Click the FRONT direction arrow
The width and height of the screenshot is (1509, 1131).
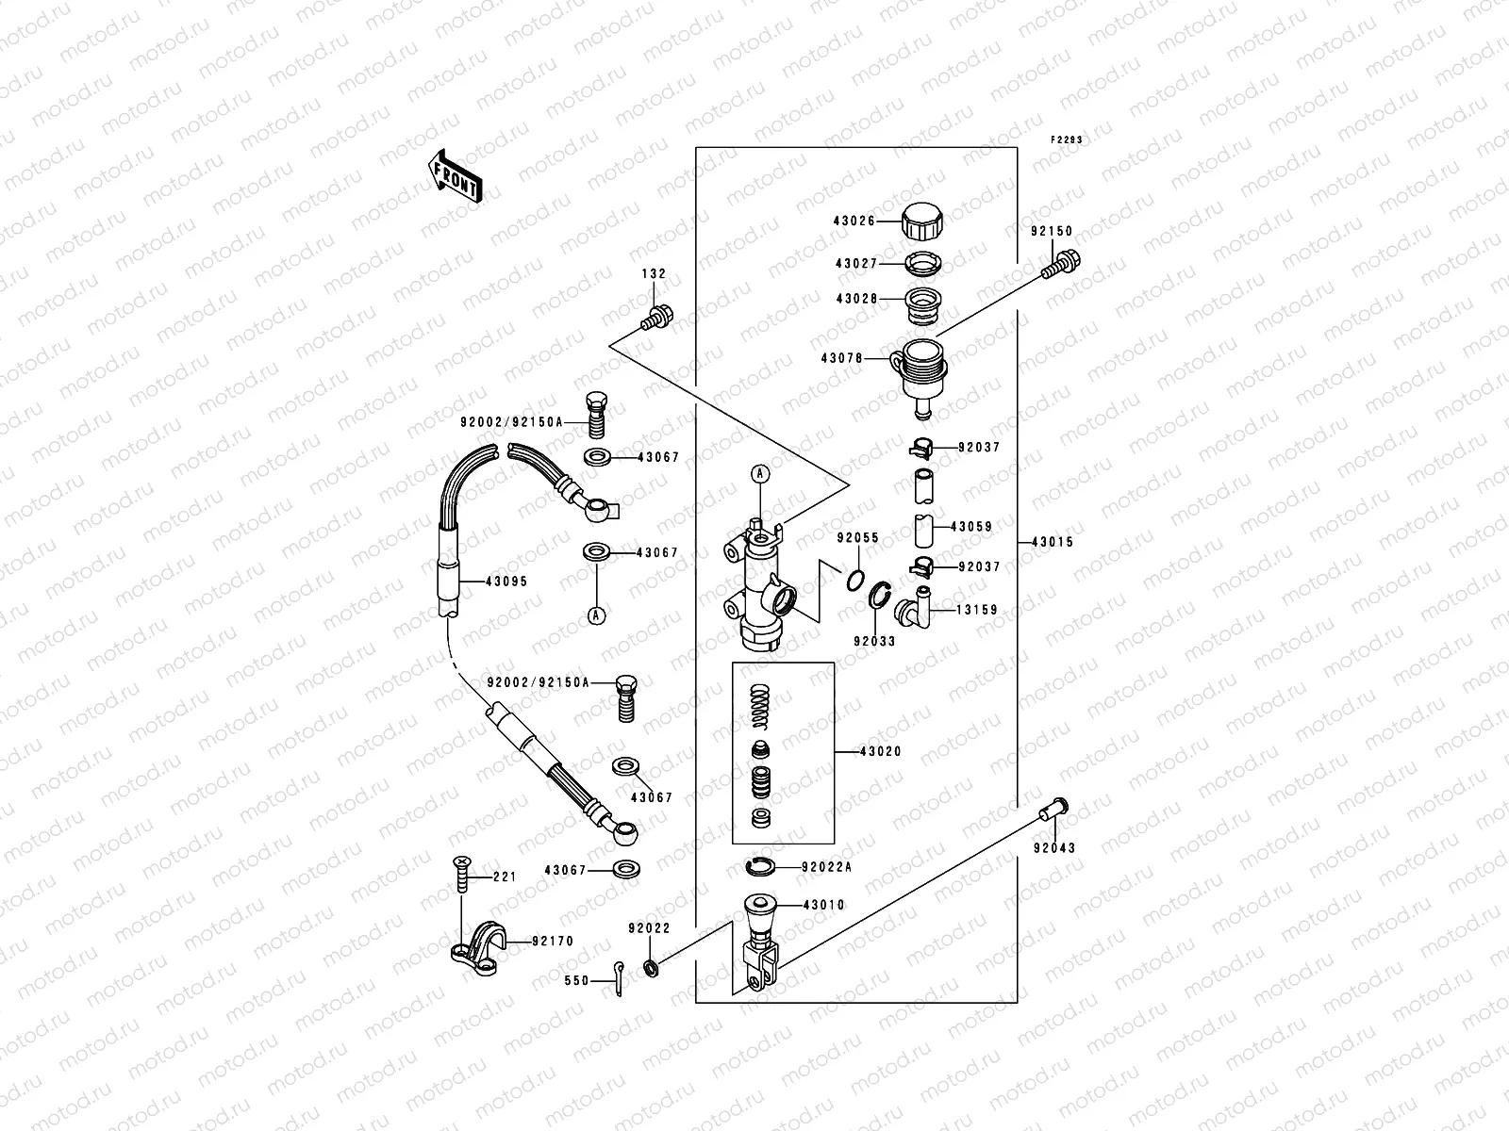click(x=456, y=176)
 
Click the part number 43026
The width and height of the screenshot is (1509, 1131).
click(x=854, y=221)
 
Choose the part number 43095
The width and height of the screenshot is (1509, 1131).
click(x=506, y=582)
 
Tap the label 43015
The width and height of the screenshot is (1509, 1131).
click(x=1053, y=543)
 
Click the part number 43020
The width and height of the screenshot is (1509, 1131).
click(x=880, y=752)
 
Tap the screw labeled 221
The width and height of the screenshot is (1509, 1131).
click(x=460, y=873)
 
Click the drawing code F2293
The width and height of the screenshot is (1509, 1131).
click(x=1068, y=139)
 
